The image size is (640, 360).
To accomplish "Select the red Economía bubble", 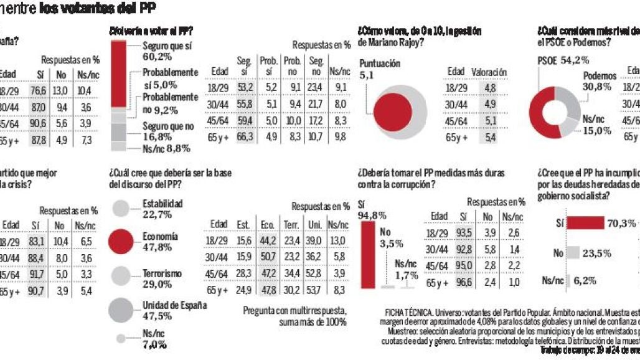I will (x=123, y=242).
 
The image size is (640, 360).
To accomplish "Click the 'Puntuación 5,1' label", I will (x=380, y=69).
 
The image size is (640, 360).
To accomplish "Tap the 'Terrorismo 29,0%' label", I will (x=162, y=278).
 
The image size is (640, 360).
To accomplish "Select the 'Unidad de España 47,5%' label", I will (x=174, y=310).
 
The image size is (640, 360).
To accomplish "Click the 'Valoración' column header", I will (x=489, y=72).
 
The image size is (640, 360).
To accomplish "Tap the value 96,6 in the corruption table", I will (x=463, y=281).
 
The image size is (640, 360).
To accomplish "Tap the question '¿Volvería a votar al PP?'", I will (x=151, y=31).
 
